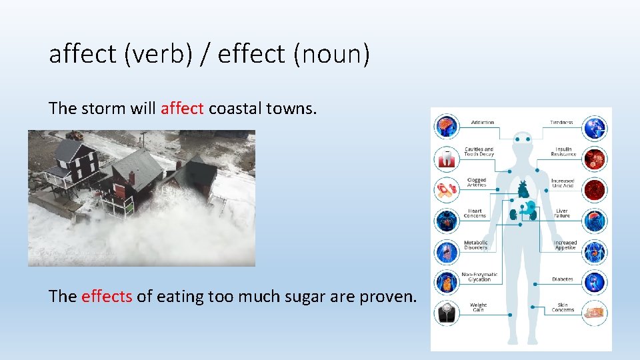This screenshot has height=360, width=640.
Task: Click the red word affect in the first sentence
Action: (x=182, y=109)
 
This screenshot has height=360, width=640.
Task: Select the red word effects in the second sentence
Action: (x=107, y=297)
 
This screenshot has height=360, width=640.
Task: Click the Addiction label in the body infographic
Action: (x=482, y=123)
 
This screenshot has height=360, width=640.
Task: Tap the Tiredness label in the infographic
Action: (x=561, y=123)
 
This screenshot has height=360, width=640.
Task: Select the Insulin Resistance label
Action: (x=563, y=151)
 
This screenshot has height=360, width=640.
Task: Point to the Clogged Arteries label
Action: (x=477, y=182)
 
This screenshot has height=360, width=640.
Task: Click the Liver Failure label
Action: (x=562, y=213)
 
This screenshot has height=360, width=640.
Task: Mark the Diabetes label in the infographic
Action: (x=562, y=279)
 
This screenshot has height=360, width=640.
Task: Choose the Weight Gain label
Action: (x=478, y=308)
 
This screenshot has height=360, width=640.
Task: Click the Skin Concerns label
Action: (x=563, y=308)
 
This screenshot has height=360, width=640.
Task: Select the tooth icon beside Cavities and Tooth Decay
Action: (x=446, y=159)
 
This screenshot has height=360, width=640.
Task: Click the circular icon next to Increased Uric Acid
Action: (x=594, y=189)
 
